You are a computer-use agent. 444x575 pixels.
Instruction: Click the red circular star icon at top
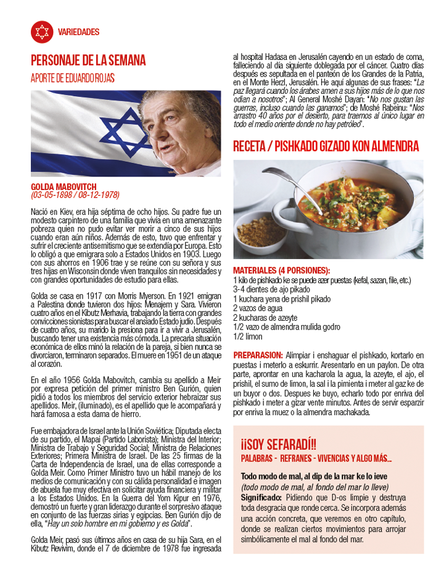[x=41, y=31]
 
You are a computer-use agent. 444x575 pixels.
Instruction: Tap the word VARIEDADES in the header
[x=78, y=32]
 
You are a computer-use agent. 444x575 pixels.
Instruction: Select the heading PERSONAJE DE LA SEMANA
[x=88, y=60]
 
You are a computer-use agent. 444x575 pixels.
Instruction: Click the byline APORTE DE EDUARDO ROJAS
[x=73, y=78]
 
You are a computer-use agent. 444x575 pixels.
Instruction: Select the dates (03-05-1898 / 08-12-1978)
[x=75, y=195]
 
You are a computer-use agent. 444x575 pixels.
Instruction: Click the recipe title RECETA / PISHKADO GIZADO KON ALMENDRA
[x=326, y=146]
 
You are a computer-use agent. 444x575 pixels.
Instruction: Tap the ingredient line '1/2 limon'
[x=247, y=337]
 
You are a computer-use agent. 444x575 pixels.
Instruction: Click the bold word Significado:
[x=261, y=497]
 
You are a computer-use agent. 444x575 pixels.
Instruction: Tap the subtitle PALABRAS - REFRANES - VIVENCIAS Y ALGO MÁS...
[x=316, y=457]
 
